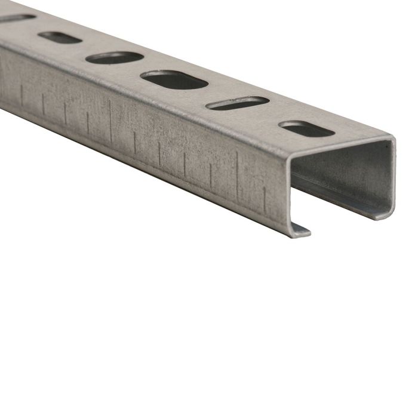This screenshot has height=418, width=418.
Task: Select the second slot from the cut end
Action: point(237,103)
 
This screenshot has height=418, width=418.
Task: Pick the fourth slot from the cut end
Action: point(115,58)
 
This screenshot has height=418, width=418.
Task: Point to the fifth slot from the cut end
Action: point(60,38)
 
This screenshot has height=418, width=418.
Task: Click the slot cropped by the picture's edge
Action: point(15,19)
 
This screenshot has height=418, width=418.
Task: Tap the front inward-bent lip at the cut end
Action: point(302,230)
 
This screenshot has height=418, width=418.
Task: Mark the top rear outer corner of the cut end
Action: point(393,141)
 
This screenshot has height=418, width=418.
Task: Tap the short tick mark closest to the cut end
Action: point(265,194)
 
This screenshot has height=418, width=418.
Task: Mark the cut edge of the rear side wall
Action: point(392,179)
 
